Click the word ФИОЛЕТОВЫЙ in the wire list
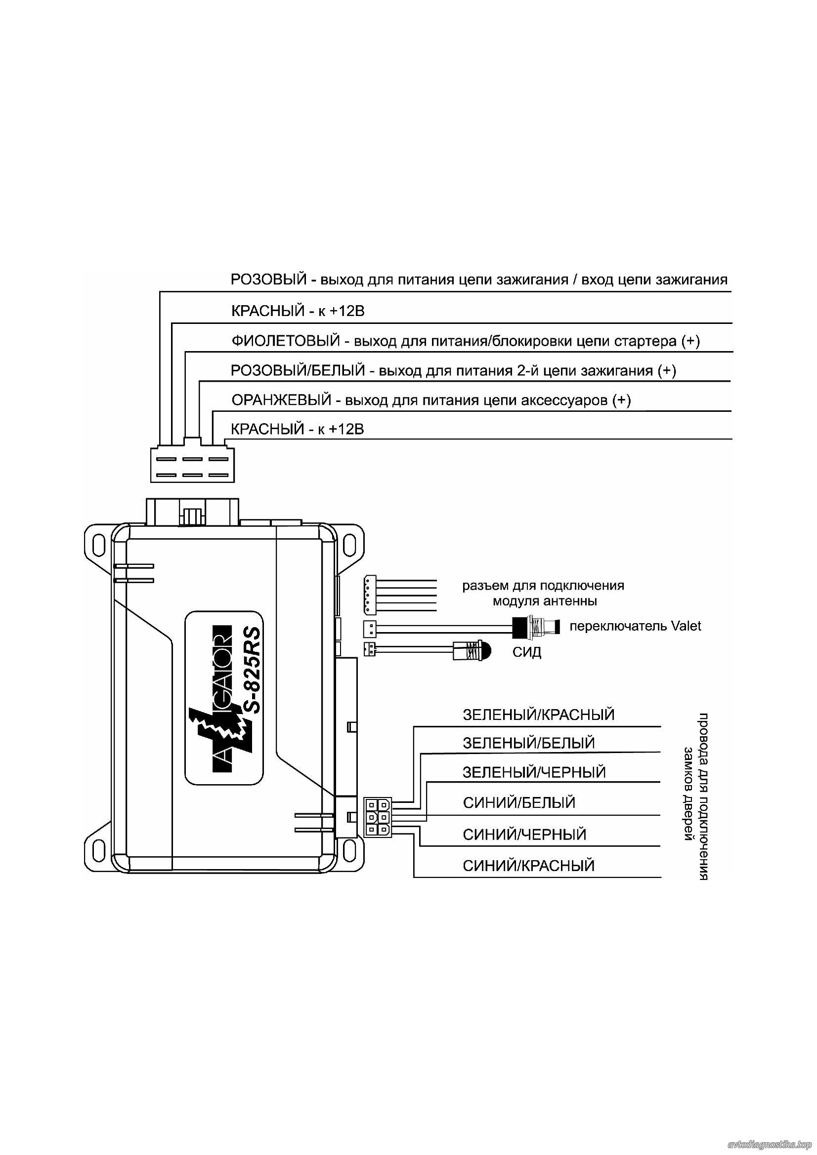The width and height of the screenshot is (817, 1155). click(285, 342)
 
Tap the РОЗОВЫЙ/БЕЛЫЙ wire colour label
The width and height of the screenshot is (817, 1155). click(298, 371)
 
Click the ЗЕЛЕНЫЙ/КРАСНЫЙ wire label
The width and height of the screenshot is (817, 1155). click(539, 715)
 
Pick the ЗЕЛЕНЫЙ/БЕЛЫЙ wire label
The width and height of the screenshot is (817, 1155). click(528, 743)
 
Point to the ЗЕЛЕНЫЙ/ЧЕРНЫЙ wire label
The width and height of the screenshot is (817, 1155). click(534, 772)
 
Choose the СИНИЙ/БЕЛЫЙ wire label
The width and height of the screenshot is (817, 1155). click(519, 802)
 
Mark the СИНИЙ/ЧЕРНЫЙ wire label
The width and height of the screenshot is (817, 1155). click(524, 835)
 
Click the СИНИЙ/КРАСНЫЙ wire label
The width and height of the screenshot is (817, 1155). click(528, 866)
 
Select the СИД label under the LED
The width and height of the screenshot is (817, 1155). click(526, 652)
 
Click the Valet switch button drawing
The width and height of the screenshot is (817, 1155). click(535, 626)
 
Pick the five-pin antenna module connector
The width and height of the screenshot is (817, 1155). click(369, 595)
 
